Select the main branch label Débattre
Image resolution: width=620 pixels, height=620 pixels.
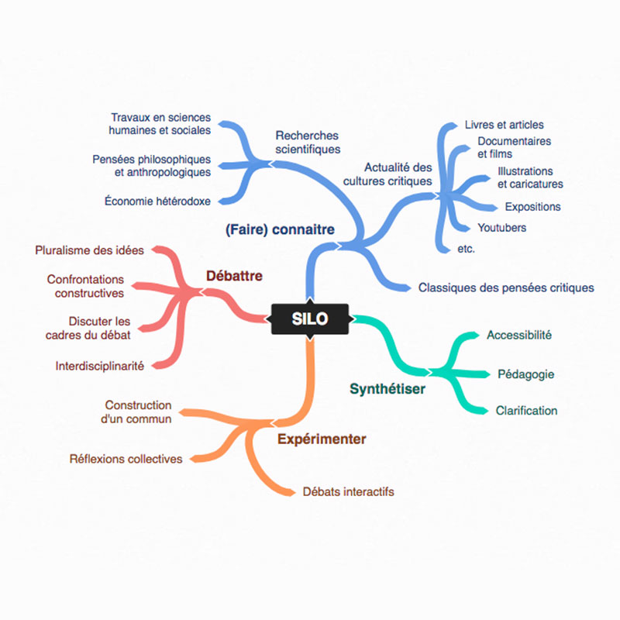[234, 276]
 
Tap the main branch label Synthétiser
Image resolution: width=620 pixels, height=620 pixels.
[387, 389]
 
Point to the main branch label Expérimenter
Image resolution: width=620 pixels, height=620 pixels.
[322, 439]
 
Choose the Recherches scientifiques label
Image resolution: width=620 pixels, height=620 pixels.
[308, 142]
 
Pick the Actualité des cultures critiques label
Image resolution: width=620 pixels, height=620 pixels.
[398, 174]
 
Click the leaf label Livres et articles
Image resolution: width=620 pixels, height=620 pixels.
[505, 125]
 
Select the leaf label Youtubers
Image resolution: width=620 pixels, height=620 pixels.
[501, 228]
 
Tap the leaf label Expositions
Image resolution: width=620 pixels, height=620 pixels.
[532, 207]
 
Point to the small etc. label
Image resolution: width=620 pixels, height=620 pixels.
[467, 249]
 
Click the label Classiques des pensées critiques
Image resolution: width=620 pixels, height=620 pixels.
[506, 288]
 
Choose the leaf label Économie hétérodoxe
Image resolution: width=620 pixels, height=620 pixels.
[157, 201]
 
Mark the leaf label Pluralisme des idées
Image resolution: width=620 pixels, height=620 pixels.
[90, 250]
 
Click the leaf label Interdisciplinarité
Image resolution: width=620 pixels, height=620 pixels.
[100, 366]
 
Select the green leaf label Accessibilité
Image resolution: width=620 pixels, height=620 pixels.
[519, 336]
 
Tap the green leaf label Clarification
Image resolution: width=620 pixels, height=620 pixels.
[526, 411]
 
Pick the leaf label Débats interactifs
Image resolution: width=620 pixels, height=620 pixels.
[349, 491]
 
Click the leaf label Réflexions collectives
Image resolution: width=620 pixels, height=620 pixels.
[126, 459]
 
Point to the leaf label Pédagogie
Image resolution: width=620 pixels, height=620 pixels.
[525, 374]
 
